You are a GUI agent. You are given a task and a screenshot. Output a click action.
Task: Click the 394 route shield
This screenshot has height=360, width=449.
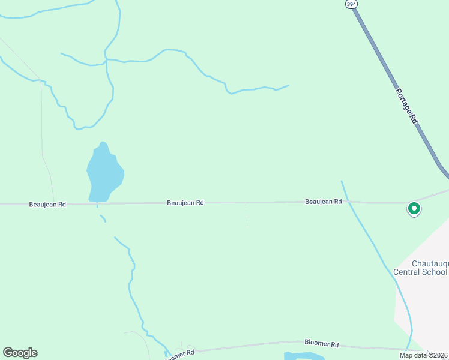point(351,4)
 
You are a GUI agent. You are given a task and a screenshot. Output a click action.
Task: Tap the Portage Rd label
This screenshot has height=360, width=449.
point(406,106)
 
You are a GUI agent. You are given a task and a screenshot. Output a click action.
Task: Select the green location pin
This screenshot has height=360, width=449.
point(414,209)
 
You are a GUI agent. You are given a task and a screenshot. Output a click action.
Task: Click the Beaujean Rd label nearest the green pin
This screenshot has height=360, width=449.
point(323,202)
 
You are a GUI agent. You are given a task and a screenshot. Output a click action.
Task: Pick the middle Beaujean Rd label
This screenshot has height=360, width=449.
point(185,203)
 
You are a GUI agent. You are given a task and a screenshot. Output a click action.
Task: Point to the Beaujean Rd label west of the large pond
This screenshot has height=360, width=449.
point(47,204)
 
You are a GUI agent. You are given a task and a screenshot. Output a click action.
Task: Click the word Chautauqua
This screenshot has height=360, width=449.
point(430,263)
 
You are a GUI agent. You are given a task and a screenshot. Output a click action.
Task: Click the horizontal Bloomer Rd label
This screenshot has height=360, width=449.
point(322,344)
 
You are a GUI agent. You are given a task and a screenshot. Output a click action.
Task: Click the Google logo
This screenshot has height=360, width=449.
point(20,353)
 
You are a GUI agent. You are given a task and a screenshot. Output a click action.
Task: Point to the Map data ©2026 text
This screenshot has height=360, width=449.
point(423,355)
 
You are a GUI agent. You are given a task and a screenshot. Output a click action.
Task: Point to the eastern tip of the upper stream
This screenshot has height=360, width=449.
point(288,86)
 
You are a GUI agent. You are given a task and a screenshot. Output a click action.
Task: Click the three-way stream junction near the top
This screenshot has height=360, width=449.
point(106,59)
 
